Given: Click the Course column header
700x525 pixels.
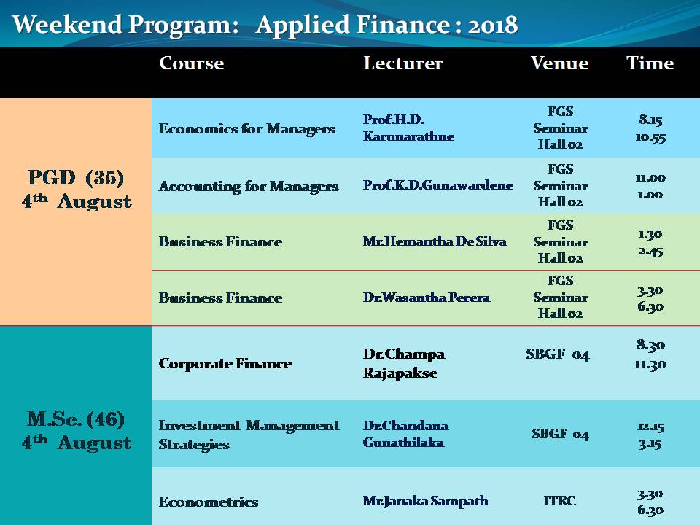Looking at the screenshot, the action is click(x=192, y=63).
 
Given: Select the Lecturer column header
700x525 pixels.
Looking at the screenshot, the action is click(x=402, y=63).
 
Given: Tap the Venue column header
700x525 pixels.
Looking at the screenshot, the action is click(x=559, y=63).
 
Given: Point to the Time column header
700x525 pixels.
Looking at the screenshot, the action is click(x=650, y=63).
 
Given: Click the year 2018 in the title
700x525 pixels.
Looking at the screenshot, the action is click(x=493, y=25).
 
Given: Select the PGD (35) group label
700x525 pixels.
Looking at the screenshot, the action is click(x=76, y=178).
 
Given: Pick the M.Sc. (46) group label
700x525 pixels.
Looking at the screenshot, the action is click(x=76, y=419).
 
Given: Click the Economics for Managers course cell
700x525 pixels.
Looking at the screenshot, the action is click(x=247, y=129).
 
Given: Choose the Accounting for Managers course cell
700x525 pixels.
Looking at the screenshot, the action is click(x=249, y=186).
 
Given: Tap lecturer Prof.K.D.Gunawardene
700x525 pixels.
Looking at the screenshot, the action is click(x=438, y=184).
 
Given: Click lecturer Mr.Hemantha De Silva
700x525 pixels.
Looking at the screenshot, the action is click(x=435, y=241).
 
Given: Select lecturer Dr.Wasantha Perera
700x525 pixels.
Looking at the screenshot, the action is click(x=427, y=297).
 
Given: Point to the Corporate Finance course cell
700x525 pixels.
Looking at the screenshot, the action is click(x=225, y=363).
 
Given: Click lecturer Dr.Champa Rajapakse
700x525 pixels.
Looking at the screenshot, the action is click(x=404, y=363).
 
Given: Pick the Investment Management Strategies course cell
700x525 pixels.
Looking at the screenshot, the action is click(x=249, y=435).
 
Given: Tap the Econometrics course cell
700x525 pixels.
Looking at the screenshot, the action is click(x=209, y=502).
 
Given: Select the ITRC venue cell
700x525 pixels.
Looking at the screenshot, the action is click(x=560, y=500).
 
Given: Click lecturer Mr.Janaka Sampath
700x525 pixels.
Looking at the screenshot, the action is click(x=425, y=501).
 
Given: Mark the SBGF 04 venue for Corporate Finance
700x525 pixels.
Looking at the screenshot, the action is click(x=558, y=354).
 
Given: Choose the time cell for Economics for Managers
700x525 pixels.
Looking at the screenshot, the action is click(x=650, y=128).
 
